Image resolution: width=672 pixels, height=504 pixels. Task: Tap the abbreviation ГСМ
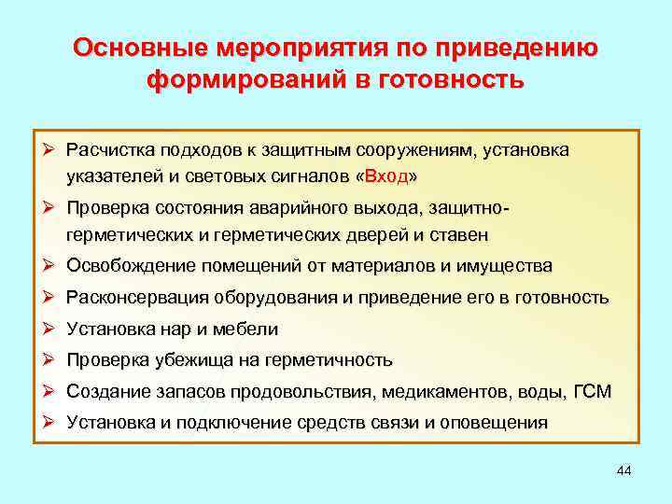[x=591, y=391]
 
